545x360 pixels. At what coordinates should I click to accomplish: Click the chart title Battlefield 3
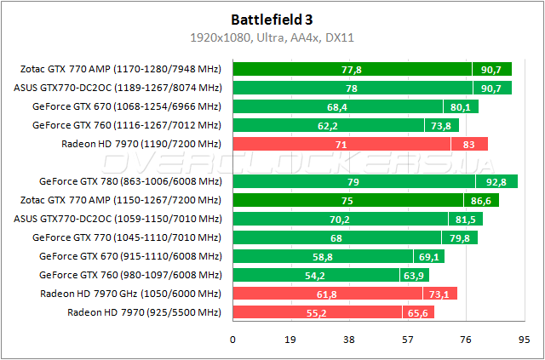click(272, 19)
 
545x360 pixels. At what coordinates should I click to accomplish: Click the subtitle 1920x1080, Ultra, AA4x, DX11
click(272, 37)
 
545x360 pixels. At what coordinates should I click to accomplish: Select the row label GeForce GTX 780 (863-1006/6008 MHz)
click(130, 181)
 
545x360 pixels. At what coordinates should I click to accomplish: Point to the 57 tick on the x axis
click(408, 339)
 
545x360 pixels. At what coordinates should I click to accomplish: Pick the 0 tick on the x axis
click(232, 339)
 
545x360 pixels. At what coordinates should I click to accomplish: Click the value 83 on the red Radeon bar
click(469, 144)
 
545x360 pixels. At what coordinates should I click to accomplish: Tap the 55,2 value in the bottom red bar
click(317, 312)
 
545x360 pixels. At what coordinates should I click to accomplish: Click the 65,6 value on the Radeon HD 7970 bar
click(418, 312)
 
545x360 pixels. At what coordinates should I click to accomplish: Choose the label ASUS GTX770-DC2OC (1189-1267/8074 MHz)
click(118, 88)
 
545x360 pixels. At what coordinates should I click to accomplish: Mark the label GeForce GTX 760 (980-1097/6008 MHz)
click(130, 275)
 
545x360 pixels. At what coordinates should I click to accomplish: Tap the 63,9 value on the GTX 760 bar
click(413, 275)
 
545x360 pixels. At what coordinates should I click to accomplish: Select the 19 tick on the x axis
click(290, 339)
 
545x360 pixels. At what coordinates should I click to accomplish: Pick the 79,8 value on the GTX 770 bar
click(457, 237)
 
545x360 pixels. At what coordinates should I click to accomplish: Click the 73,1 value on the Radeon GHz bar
click(439, 294)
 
